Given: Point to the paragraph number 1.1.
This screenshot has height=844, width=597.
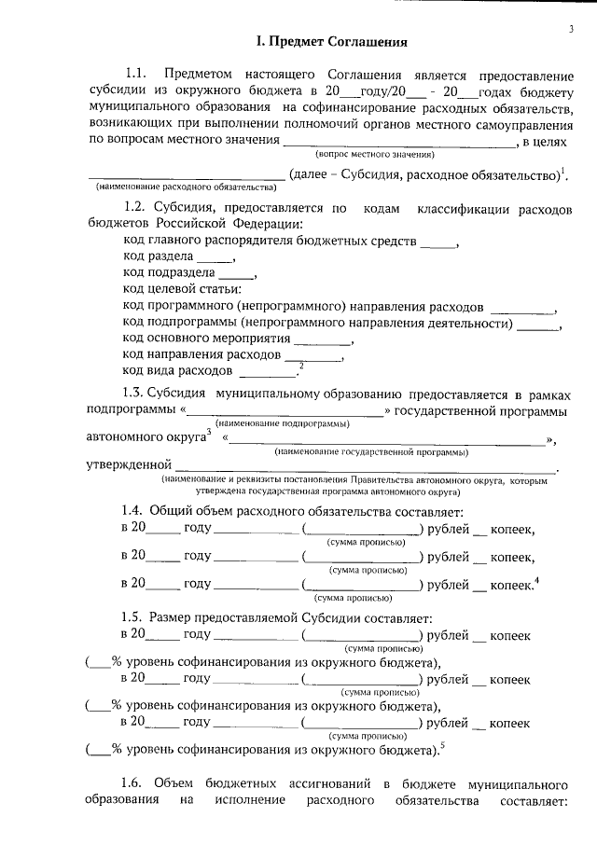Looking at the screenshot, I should click(136, 74).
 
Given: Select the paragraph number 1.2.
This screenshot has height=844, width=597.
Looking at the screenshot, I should click(136, 210).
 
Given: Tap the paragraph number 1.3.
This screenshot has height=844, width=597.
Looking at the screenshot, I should click(136, 394).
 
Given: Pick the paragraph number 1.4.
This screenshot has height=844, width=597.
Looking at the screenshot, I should click(136, 512).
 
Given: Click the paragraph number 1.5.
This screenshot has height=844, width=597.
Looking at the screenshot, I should click(136, 617).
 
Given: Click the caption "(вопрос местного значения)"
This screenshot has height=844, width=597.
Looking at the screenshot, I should click(375, 153).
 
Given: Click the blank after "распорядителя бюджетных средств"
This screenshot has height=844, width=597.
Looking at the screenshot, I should click(438, 243).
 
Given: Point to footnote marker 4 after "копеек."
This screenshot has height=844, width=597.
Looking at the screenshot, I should click(537, 580).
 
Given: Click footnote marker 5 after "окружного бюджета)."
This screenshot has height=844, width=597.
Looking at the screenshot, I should click(442, 743).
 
